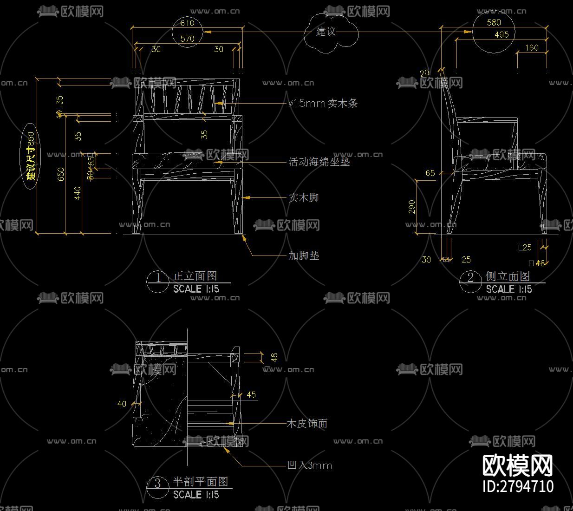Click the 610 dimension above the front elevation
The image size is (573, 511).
[x=187, y=23]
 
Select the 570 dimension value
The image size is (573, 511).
[x=187, y=39]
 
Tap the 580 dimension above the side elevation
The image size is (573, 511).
[x=494, y=22]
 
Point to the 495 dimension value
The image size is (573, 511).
[x=501, y=34]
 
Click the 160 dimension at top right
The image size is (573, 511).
[x=532, y=47]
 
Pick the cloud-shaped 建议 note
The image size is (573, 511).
[x=326, y=32]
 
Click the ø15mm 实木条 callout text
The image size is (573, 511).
[x=323, y=103]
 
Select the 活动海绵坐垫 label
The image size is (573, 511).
[x=319, y=162]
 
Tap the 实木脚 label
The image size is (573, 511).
[x=304, y=197]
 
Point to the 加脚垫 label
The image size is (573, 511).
[x=304, y=255]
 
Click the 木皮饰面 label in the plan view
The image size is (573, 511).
[x=307, y=423]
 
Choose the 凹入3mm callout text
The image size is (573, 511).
[x=310, y=465]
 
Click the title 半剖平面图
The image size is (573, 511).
[x=201, y=481]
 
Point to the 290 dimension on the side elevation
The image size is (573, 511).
[x=412, y=207]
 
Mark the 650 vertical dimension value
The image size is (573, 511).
[x=61, y=174]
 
